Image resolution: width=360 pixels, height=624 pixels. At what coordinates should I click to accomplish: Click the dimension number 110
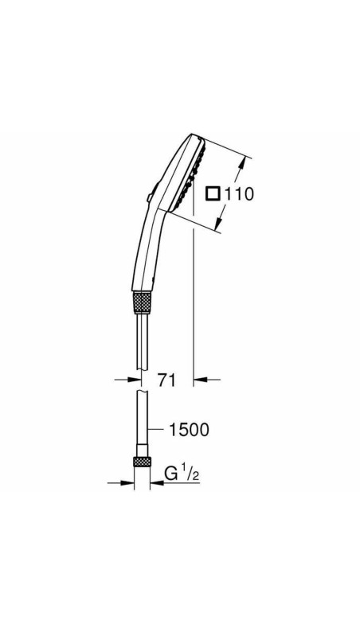[238, 193]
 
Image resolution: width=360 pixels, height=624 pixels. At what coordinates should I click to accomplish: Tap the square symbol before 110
[212, 193]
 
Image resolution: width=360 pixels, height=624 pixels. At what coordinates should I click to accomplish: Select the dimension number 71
[166, 380]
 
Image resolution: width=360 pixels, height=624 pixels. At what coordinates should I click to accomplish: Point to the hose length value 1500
[189, 430]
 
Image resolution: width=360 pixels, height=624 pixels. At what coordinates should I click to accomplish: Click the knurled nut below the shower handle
[143, 302]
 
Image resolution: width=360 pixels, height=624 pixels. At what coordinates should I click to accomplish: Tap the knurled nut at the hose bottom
[143, 463]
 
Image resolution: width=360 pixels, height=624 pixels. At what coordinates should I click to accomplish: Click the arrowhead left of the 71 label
[131, 380]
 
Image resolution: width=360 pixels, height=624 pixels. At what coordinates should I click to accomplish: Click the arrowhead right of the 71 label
[200, 380]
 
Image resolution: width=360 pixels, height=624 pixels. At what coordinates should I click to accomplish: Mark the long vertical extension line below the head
[194, 302]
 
